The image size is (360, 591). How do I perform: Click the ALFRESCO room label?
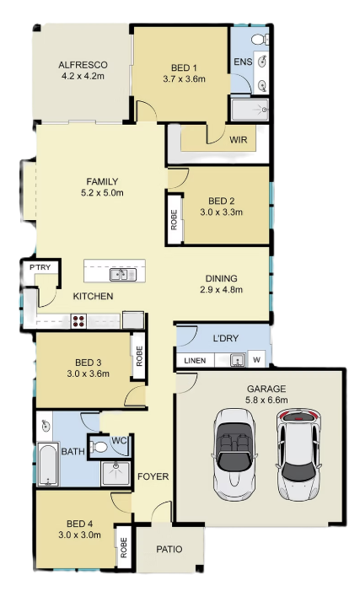tap(83, 65)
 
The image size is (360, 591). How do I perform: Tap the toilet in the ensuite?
tap(260, 39)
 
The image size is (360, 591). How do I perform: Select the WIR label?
tap(239, 140)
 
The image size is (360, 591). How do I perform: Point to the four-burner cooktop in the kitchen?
tap(78, 320)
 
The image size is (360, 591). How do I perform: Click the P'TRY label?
tap(40, 267)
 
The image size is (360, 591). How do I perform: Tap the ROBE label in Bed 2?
tap(174, 220)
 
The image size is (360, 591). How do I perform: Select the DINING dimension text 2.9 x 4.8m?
tap(221, 289)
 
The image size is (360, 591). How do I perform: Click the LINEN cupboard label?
tap(195, 361)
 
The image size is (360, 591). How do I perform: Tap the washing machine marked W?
tap(256, 360)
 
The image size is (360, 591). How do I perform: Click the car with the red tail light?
tap(298, 455)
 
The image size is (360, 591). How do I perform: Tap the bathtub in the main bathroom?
tap(48, 465)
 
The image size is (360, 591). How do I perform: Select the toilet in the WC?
tap(98, 447)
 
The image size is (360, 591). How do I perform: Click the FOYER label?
tap(153, 476)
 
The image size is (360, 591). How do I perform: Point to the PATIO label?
tap(169, 549)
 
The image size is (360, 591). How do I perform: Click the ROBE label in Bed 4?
tap(124, 547)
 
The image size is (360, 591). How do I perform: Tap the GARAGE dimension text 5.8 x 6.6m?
tap(266, 400)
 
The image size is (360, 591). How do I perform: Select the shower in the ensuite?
tap(250, 110)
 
